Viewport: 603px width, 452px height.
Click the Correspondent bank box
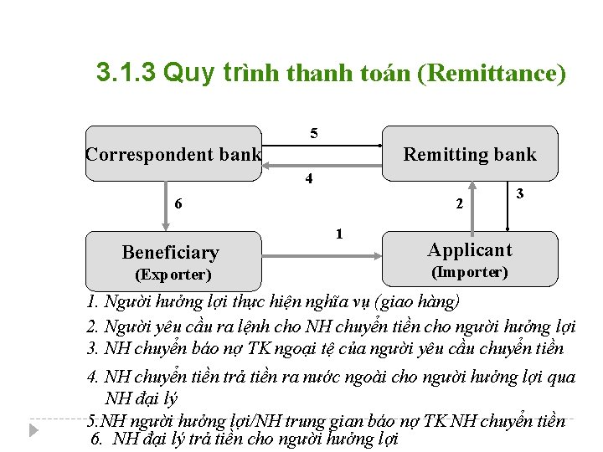(173, 154)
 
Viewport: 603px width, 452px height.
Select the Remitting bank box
(469, 154)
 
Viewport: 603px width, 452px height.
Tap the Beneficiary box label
(170, 252)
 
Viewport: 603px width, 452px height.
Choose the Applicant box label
(469, 249)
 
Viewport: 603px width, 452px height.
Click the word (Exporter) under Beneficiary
(173, 275)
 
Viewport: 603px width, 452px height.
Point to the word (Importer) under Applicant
(469, 272)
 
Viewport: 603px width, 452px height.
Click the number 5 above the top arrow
(314, 133)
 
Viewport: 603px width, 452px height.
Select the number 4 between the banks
(309, 179)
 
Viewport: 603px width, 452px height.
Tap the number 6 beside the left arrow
(178, 203)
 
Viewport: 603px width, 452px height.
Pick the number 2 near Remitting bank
(458, 203)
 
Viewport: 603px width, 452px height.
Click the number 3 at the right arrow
(520, 194)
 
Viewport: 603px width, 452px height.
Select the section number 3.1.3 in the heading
(126, 73)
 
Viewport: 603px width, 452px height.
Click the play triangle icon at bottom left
(33, 429)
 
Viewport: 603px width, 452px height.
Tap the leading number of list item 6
(95, 439)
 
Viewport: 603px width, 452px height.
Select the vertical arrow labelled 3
(508, 205)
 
